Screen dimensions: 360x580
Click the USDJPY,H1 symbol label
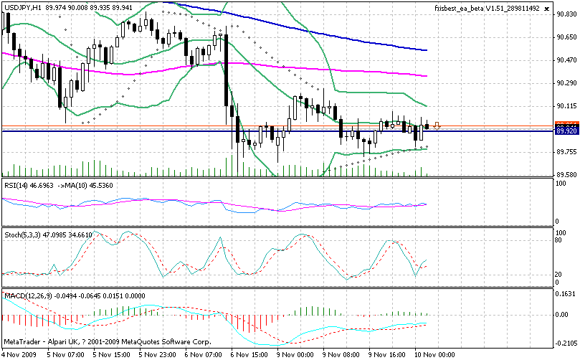click(22, 6)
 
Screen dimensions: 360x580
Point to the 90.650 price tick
click(566, 37)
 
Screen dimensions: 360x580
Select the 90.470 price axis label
click(566, 60)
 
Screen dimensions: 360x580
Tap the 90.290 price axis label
click(566, 83)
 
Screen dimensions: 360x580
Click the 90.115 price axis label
click(566, 106)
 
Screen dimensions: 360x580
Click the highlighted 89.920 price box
click(566, 131)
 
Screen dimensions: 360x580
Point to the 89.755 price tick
click(566, 152)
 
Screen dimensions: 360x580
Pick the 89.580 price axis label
click(566, 175)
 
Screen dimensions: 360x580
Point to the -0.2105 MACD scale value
click(566, 343)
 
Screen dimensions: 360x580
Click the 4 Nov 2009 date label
click(21, 354)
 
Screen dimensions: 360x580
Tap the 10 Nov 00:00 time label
click(433, 354)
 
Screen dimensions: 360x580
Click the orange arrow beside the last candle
click(437, 126)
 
